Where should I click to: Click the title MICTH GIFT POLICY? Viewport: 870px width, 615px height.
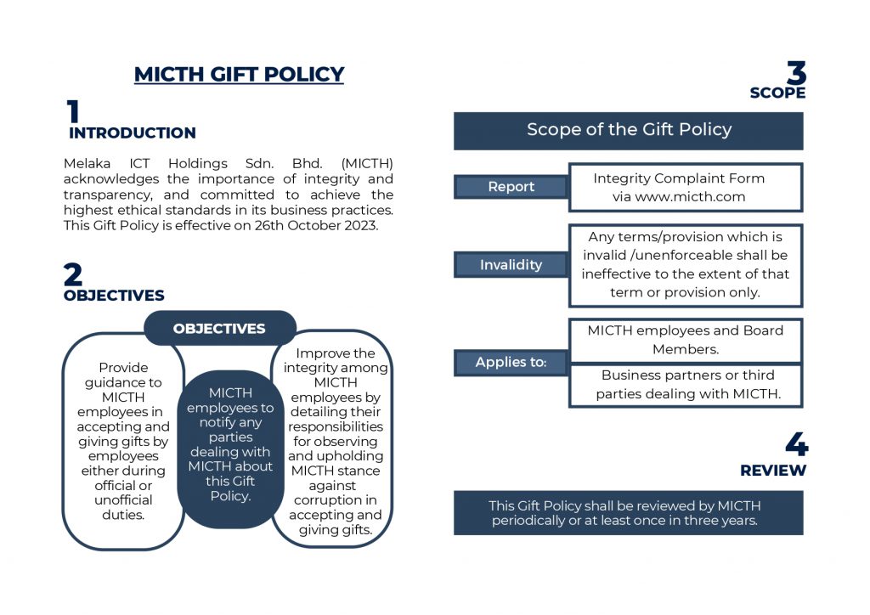(239, 74)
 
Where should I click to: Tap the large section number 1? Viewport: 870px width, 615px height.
(73, 113)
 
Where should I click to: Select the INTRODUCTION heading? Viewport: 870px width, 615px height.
(132, 133)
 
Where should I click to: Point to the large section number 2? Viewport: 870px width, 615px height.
(73, 274)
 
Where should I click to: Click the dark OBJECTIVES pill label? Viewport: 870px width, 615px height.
(219, 329)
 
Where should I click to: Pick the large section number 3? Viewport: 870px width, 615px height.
(795, 73)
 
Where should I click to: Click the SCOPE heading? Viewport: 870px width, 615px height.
(777, 93)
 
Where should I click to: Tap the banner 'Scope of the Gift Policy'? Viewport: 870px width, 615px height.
(628, 130)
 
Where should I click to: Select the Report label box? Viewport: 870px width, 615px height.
(511, 187)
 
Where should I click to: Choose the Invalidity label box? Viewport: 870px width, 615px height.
(511, 265)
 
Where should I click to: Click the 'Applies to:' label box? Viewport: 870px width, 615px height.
(511, 363)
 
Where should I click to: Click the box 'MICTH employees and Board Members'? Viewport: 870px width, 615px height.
(685, 340)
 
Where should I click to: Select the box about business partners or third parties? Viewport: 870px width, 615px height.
(685, 384)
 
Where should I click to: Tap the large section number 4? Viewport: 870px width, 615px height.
(796, 444)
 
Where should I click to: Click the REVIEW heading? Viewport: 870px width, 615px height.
(773, 471)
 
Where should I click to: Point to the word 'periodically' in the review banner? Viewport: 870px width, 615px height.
(530, 520)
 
